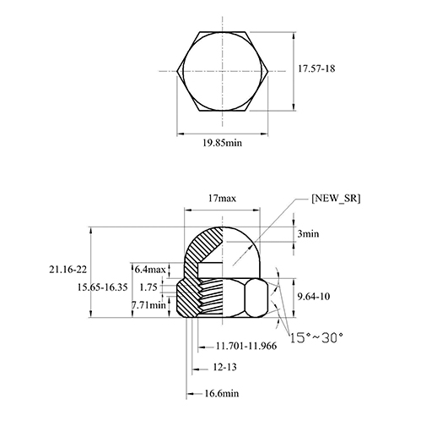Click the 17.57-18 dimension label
pos(316,68)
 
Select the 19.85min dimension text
pos(222,143)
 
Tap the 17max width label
pos(222,199)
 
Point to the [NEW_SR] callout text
pos(336,198)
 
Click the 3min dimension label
pos(308,233)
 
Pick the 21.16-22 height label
pos(68,270)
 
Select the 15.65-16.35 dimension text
pos(102,287)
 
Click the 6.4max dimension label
pos(150,270)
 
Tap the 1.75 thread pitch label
pos(148,287)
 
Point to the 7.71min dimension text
pos(148,305)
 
